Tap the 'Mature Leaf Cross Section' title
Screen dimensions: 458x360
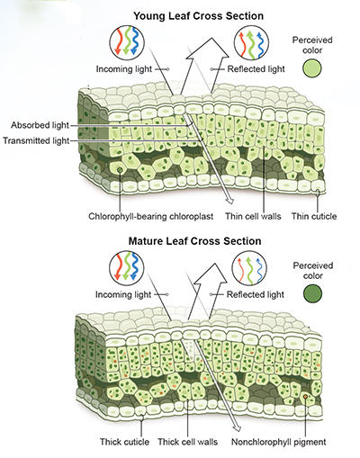[x=196, y=241]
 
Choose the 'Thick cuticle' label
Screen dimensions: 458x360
[x=127, y=442]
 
